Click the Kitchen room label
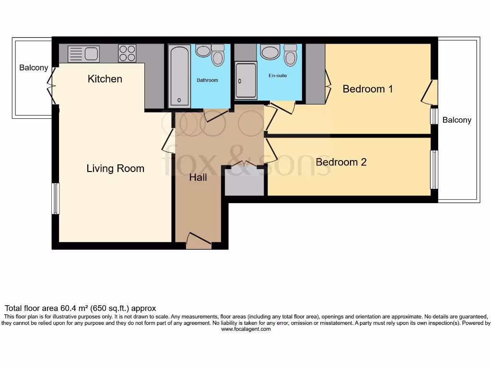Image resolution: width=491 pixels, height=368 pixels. [105, 79]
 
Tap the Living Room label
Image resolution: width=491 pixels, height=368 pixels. [115, 169]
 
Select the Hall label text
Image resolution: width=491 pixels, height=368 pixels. [198, 178]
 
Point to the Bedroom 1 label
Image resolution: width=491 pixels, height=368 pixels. [368, 89]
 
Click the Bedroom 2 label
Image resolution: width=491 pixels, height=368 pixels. [341, 162]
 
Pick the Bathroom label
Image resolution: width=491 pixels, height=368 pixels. [207, 80]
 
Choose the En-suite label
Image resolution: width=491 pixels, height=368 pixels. [278, 75]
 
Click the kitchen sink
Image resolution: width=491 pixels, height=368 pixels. [83, 54]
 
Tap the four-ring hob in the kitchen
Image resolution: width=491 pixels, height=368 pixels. [127, 53]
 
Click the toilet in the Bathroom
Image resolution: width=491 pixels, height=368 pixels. [218, 56]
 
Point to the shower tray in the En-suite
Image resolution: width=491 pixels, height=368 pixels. [245, 80]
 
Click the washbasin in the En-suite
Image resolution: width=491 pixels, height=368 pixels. [270, 52]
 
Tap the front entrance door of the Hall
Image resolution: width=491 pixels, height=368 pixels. [199, 241]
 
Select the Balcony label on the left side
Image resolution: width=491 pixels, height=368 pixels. [34, 68]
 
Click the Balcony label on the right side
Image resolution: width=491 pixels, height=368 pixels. [456, 120]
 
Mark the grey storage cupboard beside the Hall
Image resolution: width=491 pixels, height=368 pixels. [244, 182]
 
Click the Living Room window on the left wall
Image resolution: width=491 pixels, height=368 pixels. [56, 198]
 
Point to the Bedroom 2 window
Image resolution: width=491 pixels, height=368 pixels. [434, 170]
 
